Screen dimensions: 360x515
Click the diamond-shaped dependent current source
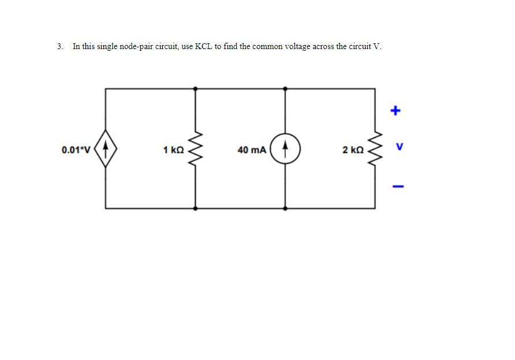coord(105,149)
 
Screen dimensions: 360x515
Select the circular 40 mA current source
coord(285,149)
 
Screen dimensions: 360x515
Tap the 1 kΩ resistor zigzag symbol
coord(195,149)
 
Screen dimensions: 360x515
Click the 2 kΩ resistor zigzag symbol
coord(376,149)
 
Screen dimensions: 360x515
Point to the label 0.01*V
coord(76,150)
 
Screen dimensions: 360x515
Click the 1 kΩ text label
coord(173,150)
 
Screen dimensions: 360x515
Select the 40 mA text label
coord(252,150)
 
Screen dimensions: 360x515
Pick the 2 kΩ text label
coord(353,150)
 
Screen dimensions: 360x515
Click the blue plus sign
coord(395,110)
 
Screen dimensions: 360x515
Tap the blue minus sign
coord(395,186)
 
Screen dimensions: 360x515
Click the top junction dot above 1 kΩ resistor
coord(195,88)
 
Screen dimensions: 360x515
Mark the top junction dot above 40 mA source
coord(285,88)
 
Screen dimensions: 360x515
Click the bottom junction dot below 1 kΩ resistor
coord(195,208)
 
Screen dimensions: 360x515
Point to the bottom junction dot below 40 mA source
coord(285,208)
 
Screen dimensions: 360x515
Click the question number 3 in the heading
coord(59,46)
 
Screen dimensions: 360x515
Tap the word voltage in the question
coord(298,46)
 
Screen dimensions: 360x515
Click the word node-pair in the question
coord(137,46)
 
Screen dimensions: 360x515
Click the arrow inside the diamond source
coord(105,148)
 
